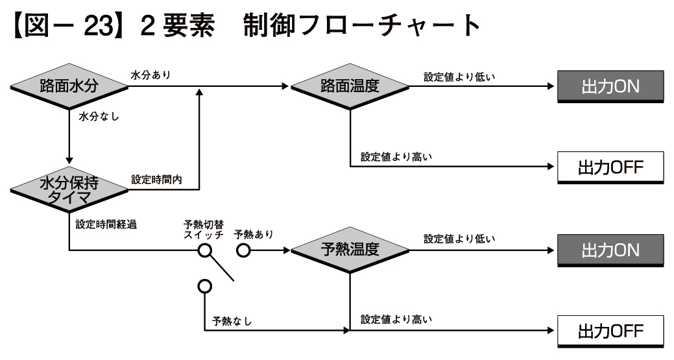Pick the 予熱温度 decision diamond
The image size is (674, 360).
tap(350, 250)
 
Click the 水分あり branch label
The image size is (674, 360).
tap(150, 75)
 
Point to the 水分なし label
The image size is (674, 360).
tap(97, 117)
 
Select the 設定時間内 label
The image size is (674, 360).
tap(156, 178)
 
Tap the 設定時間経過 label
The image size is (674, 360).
tap(106, 225)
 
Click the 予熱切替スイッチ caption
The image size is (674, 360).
tap(204, 230)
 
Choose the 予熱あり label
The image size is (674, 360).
tap(254, 234)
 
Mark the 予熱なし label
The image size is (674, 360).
tap(232, 321)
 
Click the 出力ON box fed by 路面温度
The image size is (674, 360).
tap(610, 87)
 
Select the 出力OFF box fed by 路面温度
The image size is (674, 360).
tap(610, 167)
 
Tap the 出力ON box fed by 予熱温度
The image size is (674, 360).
tap(610, 250)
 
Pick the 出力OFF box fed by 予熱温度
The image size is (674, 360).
tap(610, 331)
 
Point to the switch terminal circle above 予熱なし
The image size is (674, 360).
tap(205, 285)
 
